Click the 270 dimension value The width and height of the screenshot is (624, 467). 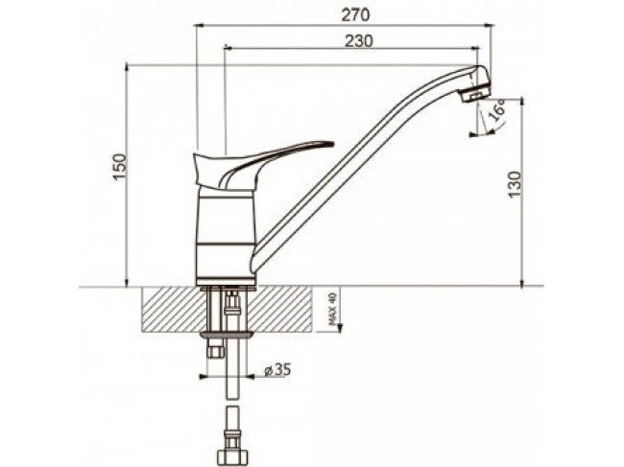[355, 15]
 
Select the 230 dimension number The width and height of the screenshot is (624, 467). [359, 41]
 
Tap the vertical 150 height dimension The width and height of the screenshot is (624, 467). [120, 167]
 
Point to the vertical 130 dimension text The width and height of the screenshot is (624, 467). [515, 184]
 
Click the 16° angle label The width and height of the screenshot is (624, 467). [496, 110]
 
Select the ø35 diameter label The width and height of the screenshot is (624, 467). [277, 370]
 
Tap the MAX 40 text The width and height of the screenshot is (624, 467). [332, 309]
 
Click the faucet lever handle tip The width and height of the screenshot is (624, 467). [331, 143]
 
